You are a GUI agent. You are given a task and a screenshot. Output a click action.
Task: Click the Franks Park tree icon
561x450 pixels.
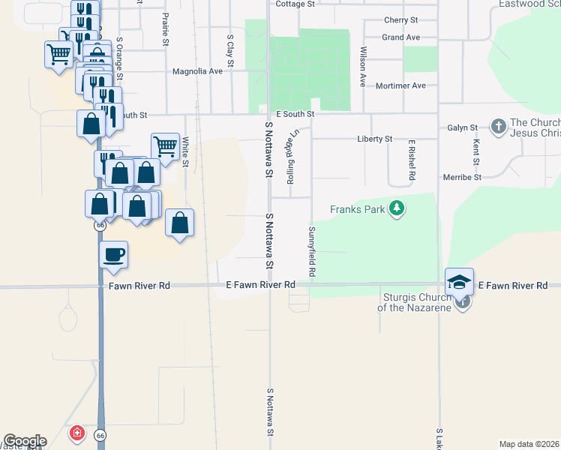(397, 208)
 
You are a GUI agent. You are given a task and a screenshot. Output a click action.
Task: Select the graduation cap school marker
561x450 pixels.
(459, 282)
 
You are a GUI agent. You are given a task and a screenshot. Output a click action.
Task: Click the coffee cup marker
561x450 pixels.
(113, 255)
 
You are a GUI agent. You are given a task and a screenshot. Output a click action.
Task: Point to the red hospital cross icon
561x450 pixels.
(76, 434)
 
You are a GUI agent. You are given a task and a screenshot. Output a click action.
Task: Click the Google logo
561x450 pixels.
(25, 441)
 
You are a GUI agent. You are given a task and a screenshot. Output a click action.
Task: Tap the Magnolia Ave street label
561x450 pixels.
(198, 72)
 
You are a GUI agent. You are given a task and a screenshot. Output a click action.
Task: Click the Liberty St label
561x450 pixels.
(375, 139)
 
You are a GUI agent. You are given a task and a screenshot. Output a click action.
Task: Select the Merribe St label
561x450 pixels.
(462, 177)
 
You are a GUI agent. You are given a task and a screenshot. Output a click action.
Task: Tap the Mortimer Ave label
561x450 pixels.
(401, 86)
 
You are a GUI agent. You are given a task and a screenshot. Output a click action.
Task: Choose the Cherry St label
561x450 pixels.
(400, 20)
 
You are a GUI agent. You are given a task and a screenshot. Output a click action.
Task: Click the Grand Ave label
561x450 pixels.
(400, 37)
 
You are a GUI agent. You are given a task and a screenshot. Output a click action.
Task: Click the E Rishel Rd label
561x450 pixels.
(412, 159)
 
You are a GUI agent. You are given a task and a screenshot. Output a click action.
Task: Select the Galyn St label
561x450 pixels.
(463, 128)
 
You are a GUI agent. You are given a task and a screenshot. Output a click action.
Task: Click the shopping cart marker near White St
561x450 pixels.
(165, 147)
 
